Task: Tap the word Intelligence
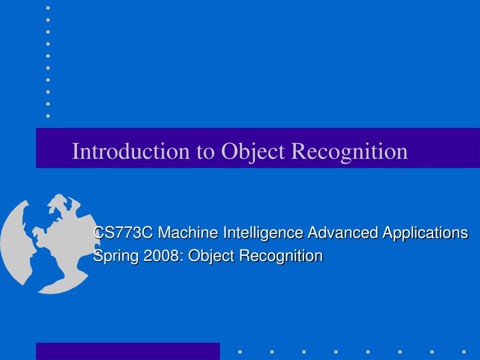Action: pos(263,232)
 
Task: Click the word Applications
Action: pos(426,232)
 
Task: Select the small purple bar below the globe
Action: pos(128,351)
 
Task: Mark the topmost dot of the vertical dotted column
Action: pos(48,8)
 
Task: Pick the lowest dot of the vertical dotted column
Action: pos(48,115)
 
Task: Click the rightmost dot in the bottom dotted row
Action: pos(464,352)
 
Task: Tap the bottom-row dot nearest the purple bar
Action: pos(240,352)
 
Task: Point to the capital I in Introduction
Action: pos(75,151)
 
